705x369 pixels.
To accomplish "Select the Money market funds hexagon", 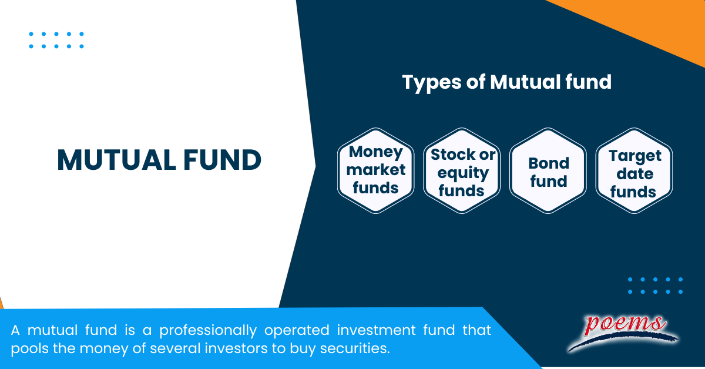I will click(376, 170).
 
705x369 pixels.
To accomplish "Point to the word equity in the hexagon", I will click(463, 173).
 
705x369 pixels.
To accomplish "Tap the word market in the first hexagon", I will click(376, 170).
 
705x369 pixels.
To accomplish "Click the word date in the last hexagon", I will click(634, 174).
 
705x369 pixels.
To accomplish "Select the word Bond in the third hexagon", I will click(548, 163).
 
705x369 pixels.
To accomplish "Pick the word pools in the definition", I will click(27, 348).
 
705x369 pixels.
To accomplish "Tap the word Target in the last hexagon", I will click(634, 156).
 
